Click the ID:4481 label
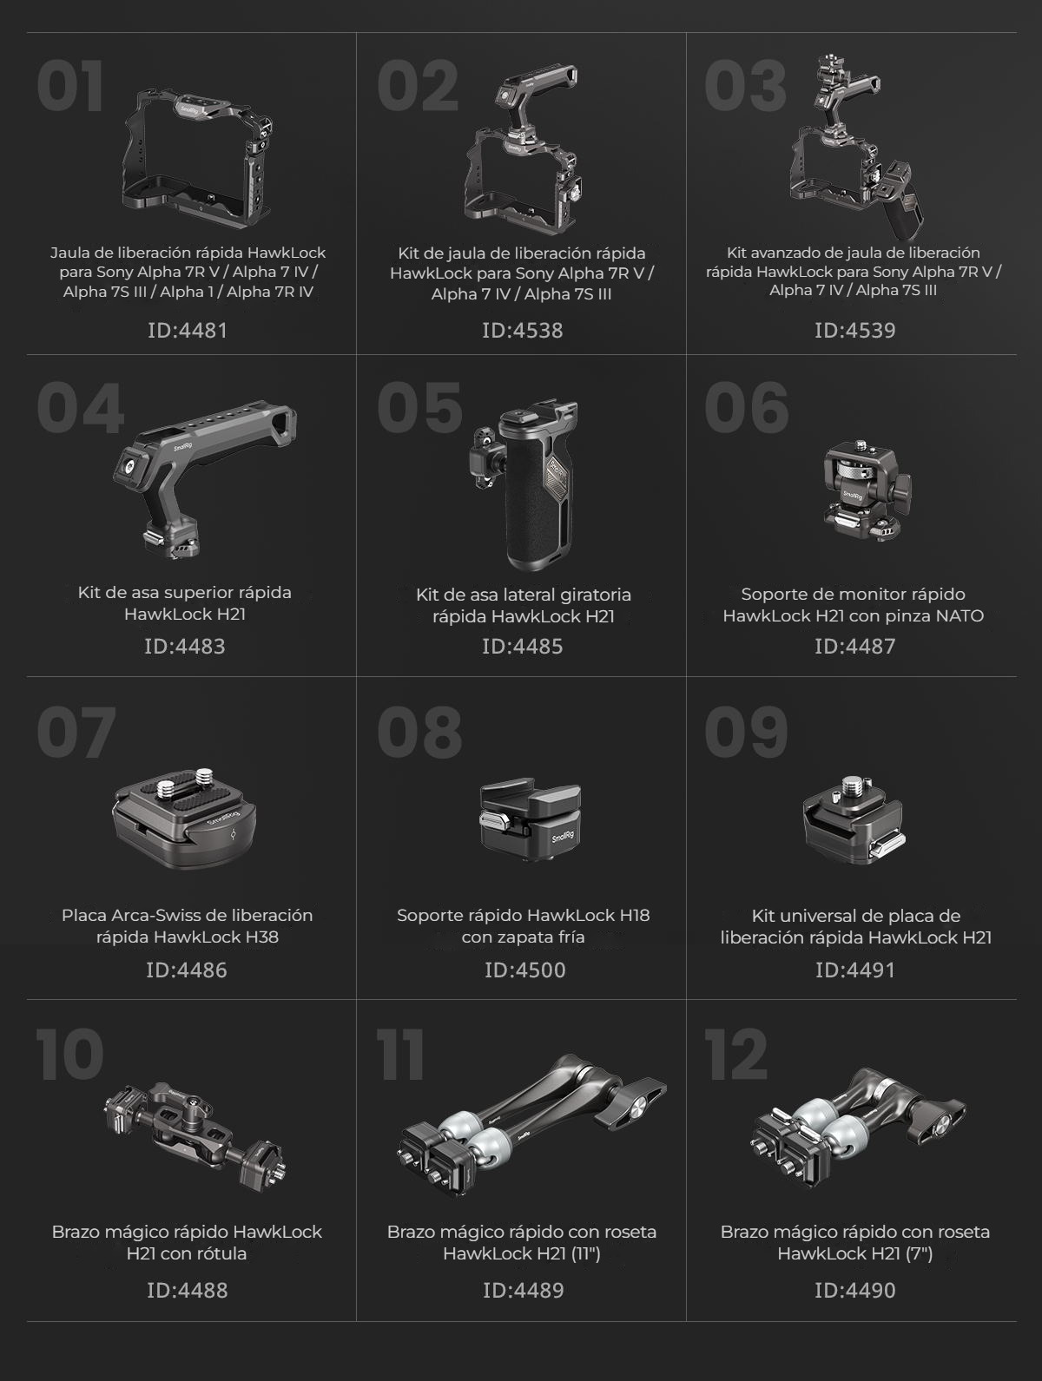(187, 331)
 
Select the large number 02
(418, 86)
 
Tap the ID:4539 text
(854, 331)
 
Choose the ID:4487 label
(854, 646)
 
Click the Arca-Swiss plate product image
(184, 818)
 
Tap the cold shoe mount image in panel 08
(522, 819)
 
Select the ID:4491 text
(854, 970)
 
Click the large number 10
(69, 1054)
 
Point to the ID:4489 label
(523, 1291)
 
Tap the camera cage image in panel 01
(197, 151)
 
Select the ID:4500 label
(524, 970)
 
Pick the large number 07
(76, 732)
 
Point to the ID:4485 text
(522, 646)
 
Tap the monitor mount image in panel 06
(867, 491)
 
